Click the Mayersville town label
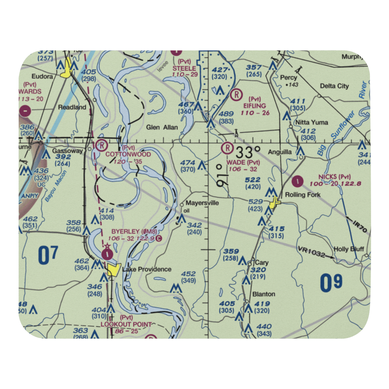pyautogui.click(x=202, y=203)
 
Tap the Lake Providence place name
pyautogui.click(x=147, y=269)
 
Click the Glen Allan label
pyautogui.click(x=162, y=127)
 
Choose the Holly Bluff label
pyautogui.click(x=349, y=249)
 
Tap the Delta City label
pyautogui.click(x=334, y=86)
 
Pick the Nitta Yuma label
pyautogui.click(x=311, y=123)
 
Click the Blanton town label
pyautogui.click(x=264, y=294)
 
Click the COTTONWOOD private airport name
pyautogui.click(x=128, y=154)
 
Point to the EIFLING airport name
pyautogui.click(x=255, y=106)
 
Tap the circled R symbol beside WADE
pyautogui.click(x=227, y=148)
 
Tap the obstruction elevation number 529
pyautogui.click(x=255, y=201)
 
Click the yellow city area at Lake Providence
pyautogui.click(x=114, y=269)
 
